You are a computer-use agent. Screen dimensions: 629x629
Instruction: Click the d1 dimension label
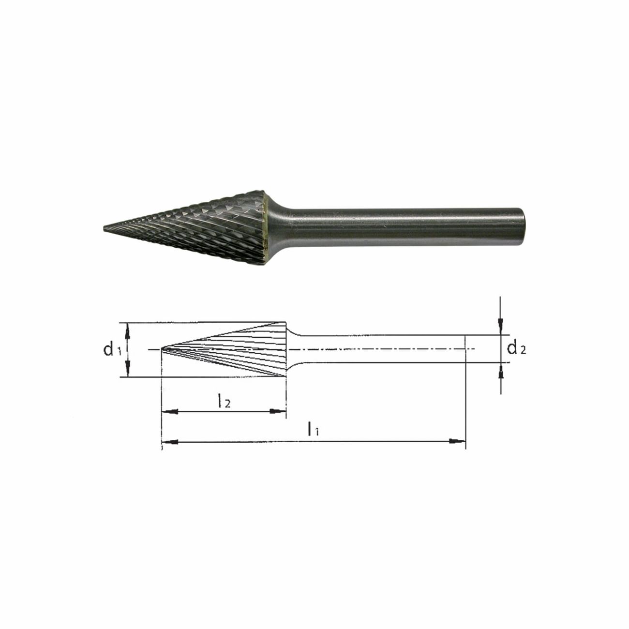pos(112,349)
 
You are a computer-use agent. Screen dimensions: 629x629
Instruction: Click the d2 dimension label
pos(516,348)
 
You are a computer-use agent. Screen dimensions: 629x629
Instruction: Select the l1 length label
pos(313,429)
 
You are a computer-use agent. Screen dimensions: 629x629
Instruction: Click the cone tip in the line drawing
pos(163,348)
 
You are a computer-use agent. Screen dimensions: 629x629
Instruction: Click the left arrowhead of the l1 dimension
pos(167,441)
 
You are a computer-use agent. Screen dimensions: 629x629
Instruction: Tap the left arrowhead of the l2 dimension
pos(167,411)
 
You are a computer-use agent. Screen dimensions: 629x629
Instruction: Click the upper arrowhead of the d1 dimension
pos(128,329)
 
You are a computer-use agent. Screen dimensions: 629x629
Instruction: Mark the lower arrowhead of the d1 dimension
pos(128,371)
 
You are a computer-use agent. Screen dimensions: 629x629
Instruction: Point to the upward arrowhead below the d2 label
pos(501,370)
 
